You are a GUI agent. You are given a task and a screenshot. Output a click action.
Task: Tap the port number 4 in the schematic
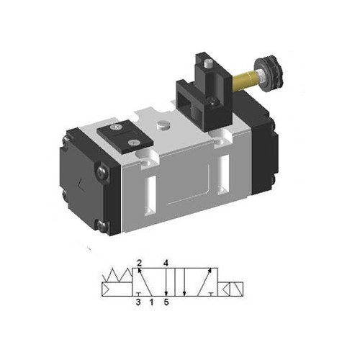(x=166, y=263)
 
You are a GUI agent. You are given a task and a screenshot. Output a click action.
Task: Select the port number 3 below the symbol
(x=139, y=303)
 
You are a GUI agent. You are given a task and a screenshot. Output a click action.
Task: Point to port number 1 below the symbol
(x=151, y=303)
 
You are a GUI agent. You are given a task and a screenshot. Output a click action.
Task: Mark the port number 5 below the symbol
(x=166, y=303)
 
